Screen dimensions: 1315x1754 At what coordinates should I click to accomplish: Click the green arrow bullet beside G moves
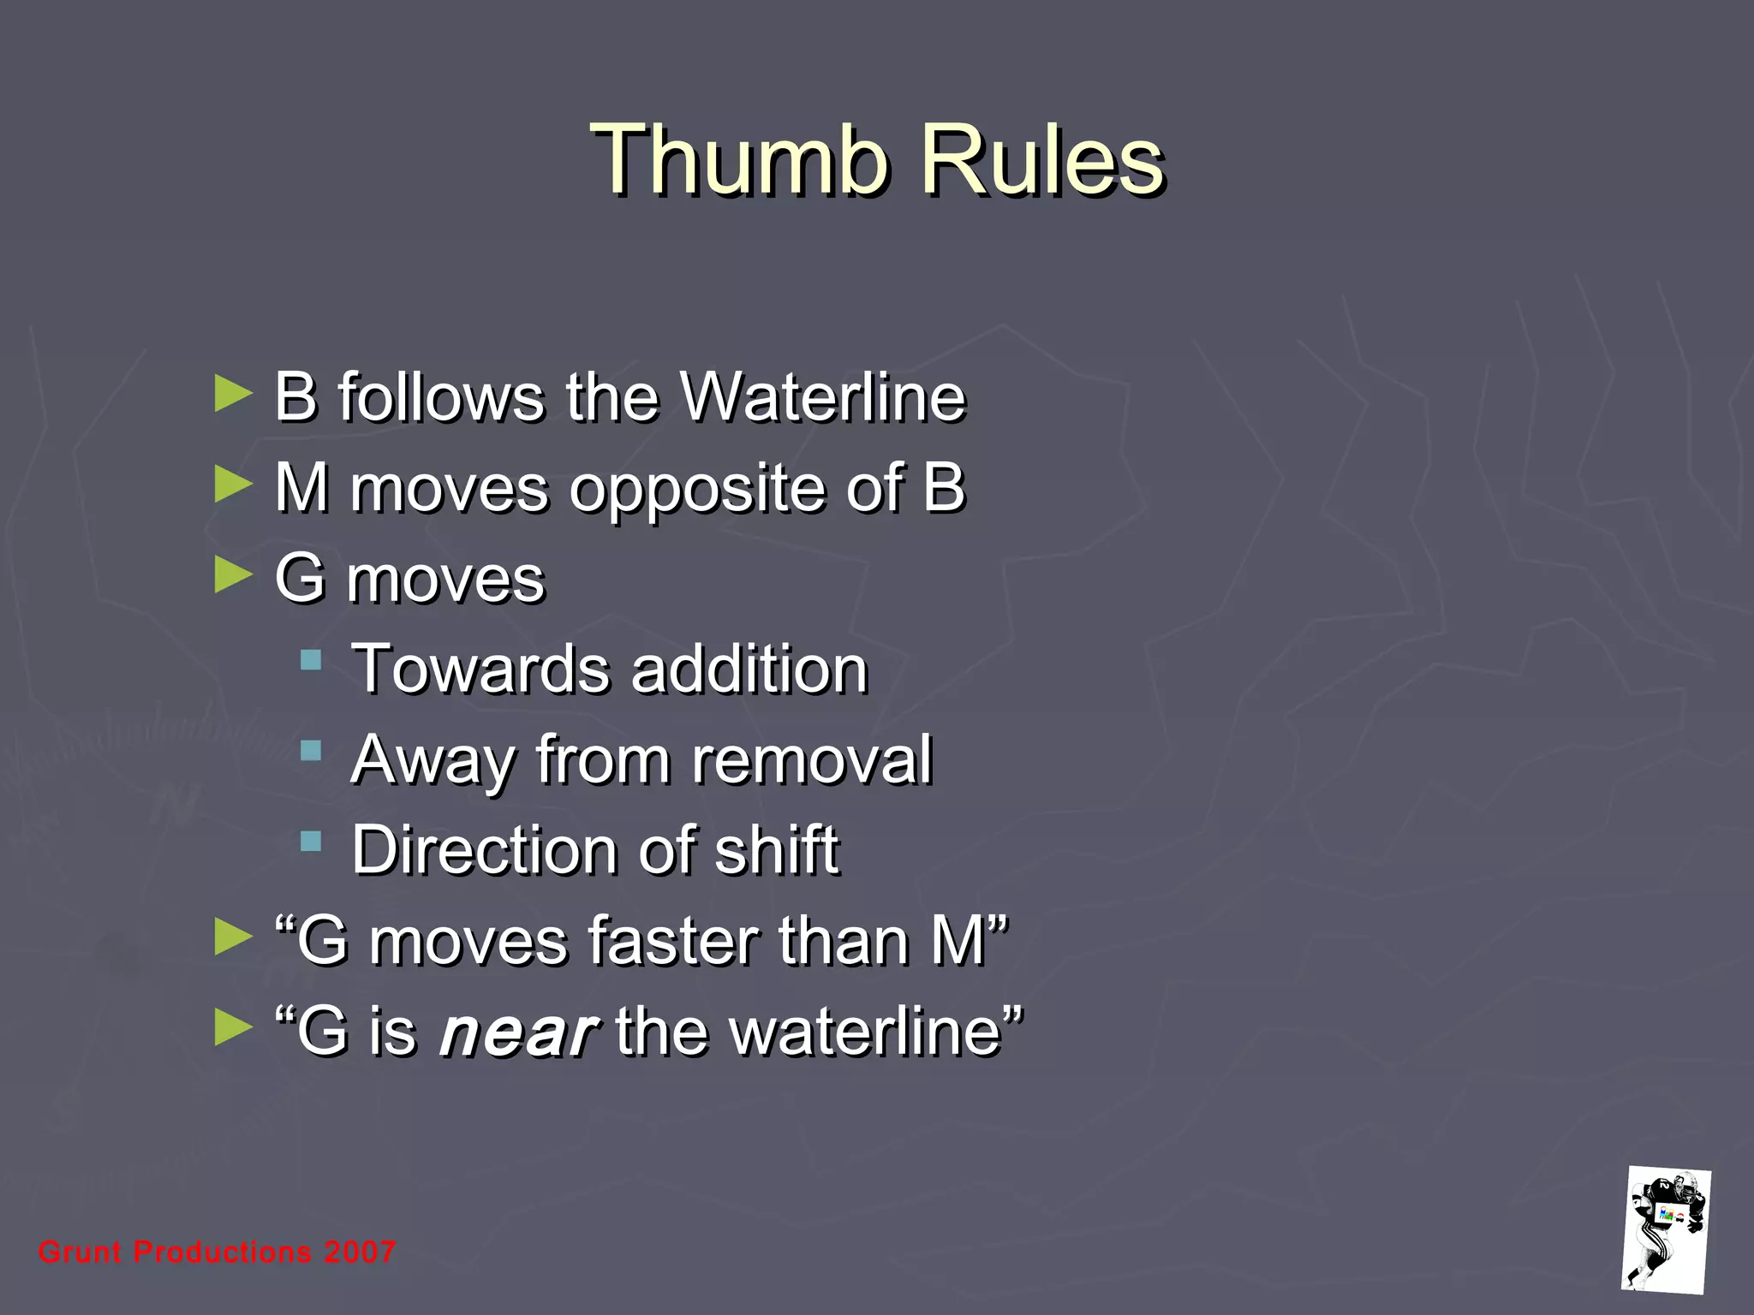pyautogui.click(x=233, y=574)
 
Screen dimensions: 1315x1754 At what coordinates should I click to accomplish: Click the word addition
pyautogui.click(x=749, y=669)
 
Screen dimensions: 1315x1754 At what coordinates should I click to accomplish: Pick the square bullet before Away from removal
pyautogui.click(x=311, y=751)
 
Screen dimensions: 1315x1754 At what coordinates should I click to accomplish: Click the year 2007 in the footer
pyautogui.click(x=359, y=1253)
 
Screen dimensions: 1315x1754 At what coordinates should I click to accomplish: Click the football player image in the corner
pyautogui.click(x=1666, y=1229)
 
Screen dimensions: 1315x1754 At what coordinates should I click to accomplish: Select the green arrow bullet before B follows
pyautogui.click(x=233, y=393)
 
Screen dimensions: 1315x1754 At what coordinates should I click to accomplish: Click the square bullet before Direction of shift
pyautogui.click(x=311, y=842)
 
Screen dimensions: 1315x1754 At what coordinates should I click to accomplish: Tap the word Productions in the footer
pyautogui.click(x=223, y=1253)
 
